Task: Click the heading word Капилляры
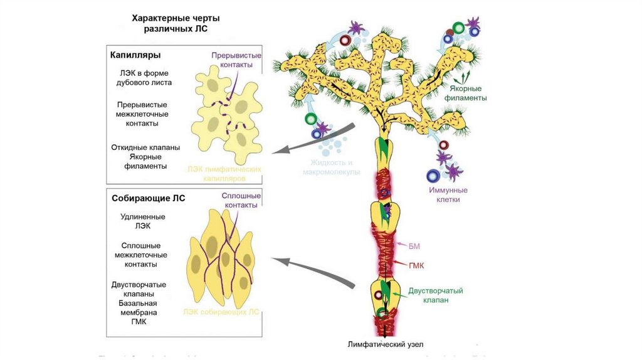[x=135, y=55]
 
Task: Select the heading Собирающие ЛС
[x=148, y=198]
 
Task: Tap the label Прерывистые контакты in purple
[x=236, y=60]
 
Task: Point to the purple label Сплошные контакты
[x=241, y=201]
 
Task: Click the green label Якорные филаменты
[x=465, y=93]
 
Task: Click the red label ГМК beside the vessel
[x=416, y=265]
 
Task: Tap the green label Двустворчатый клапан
[x=436, y=295]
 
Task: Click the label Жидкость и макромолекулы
[x=331, y=167]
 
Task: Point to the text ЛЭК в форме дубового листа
[x=144, y=77]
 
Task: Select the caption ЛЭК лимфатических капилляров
[x=224, y=174]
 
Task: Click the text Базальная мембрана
[x=138, y=308]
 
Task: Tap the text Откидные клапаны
[x=146, y=147]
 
